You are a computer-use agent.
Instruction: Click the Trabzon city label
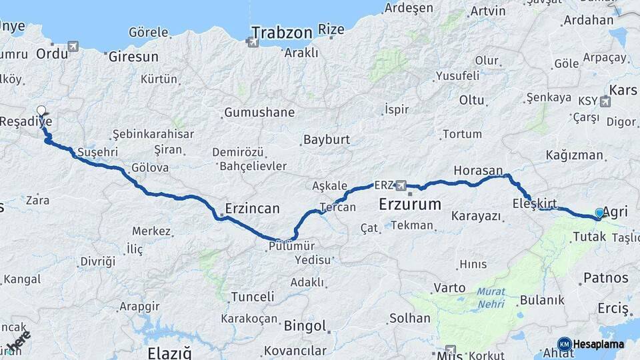(x=281, y=32)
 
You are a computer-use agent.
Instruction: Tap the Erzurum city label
(x=409, y=204)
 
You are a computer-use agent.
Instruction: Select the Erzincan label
(x=252, y=208)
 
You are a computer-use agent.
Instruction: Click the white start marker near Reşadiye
(x=41, y=111)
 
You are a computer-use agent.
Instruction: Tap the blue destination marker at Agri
(x=599, y=213)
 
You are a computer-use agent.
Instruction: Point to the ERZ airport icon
(x=401, y=185)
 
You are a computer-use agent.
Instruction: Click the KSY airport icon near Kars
(x=605, y=101)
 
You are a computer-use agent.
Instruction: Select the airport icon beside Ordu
(x=72, y=47)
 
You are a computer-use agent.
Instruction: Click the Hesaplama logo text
(x=599, y=345)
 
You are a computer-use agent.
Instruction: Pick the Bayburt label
(x=326, y=140)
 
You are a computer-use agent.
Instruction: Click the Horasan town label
(x=477, y=171)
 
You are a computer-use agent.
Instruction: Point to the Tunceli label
(x=252, y=297)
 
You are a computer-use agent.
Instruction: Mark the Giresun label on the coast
(x=133, y=57)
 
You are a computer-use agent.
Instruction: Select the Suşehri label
(x=97, y=152)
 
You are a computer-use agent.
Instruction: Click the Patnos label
(x=605, y=277)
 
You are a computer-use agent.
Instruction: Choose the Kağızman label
(x=574, y=155)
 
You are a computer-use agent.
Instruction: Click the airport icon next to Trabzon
(x=252, y=41)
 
